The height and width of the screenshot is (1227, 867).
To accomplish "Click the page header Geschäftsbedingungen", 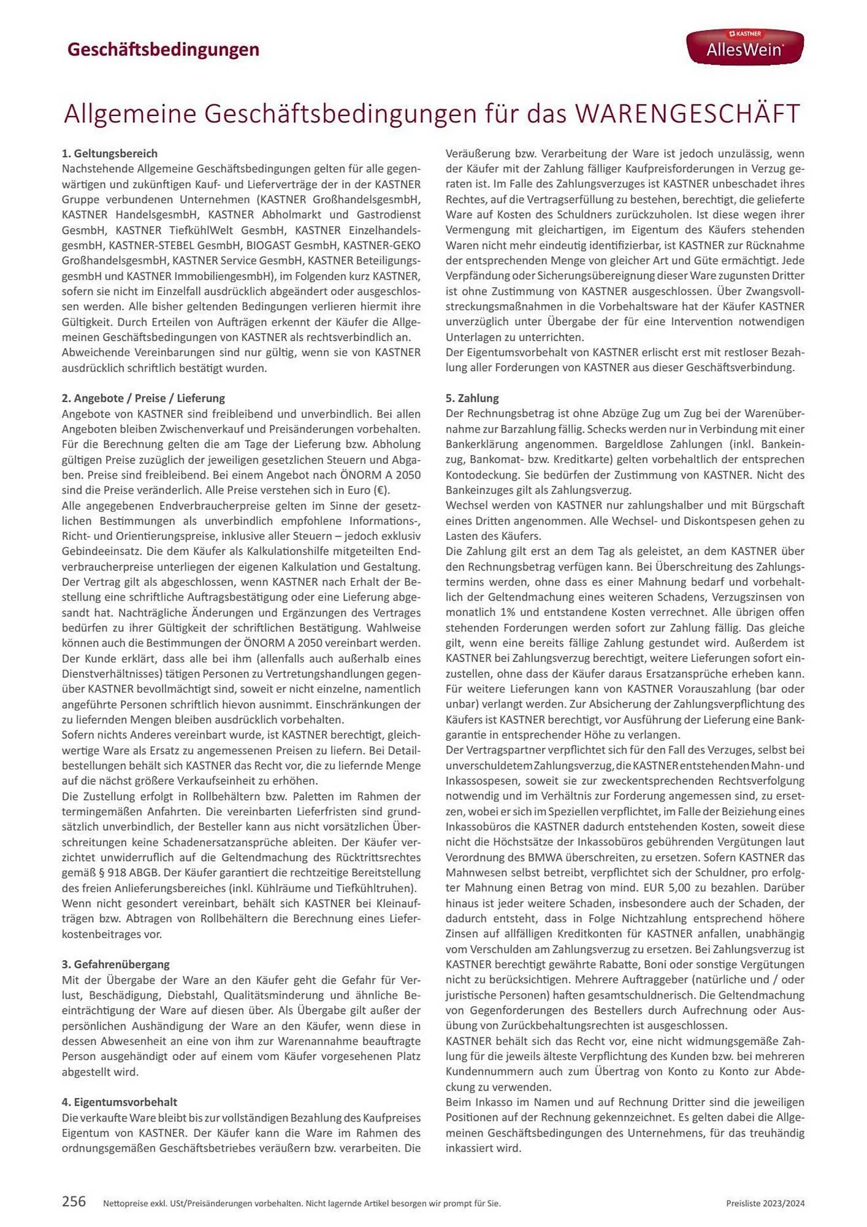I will tap(163, 49).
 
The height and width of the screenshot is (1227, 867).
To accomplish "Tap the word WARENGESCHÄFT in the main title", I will tap(687, 114).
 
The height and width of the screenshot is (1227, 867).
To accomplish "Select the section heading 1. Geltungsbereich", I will tap(110, 153).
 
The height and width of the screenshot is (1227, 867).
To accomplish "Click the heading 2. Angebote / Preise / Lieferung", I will tap(143, 398).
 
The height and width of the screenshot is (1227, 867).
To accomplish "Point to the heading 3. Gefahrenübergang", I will tap(116, 964).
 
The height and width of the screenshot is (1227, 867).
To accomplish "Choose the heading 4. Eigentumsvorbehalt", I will tap(120, 1102).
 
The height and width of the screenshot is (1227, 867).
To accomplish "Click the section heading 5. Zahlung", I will tap(472, 398).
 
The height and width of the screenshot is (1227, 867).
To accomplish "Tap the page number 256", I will tap(74, 1201).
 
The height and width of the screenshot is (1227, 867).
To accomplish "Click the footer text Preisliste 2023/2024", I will tap(765, 1204).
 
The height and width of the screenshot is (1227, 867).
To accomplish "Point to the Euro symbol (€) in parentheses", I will tap(380, 490).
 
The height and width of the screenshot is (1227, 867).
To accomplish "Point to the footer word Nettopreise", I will tap(127, 1204).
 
